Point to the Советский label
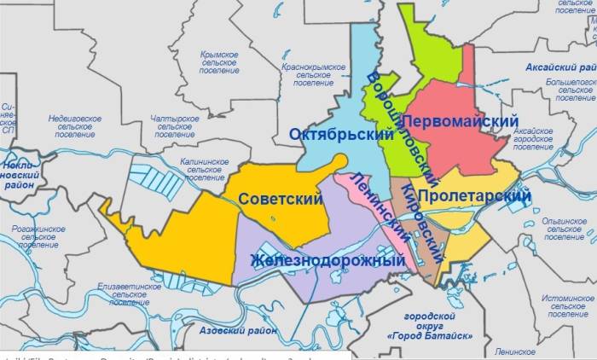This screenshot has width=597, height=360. click(x=280, y=199)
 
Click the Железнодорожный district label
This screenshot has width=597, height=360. click(x=327, y=259)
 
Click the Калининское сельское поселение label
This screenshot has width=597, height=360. click(x=205, y=168)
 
